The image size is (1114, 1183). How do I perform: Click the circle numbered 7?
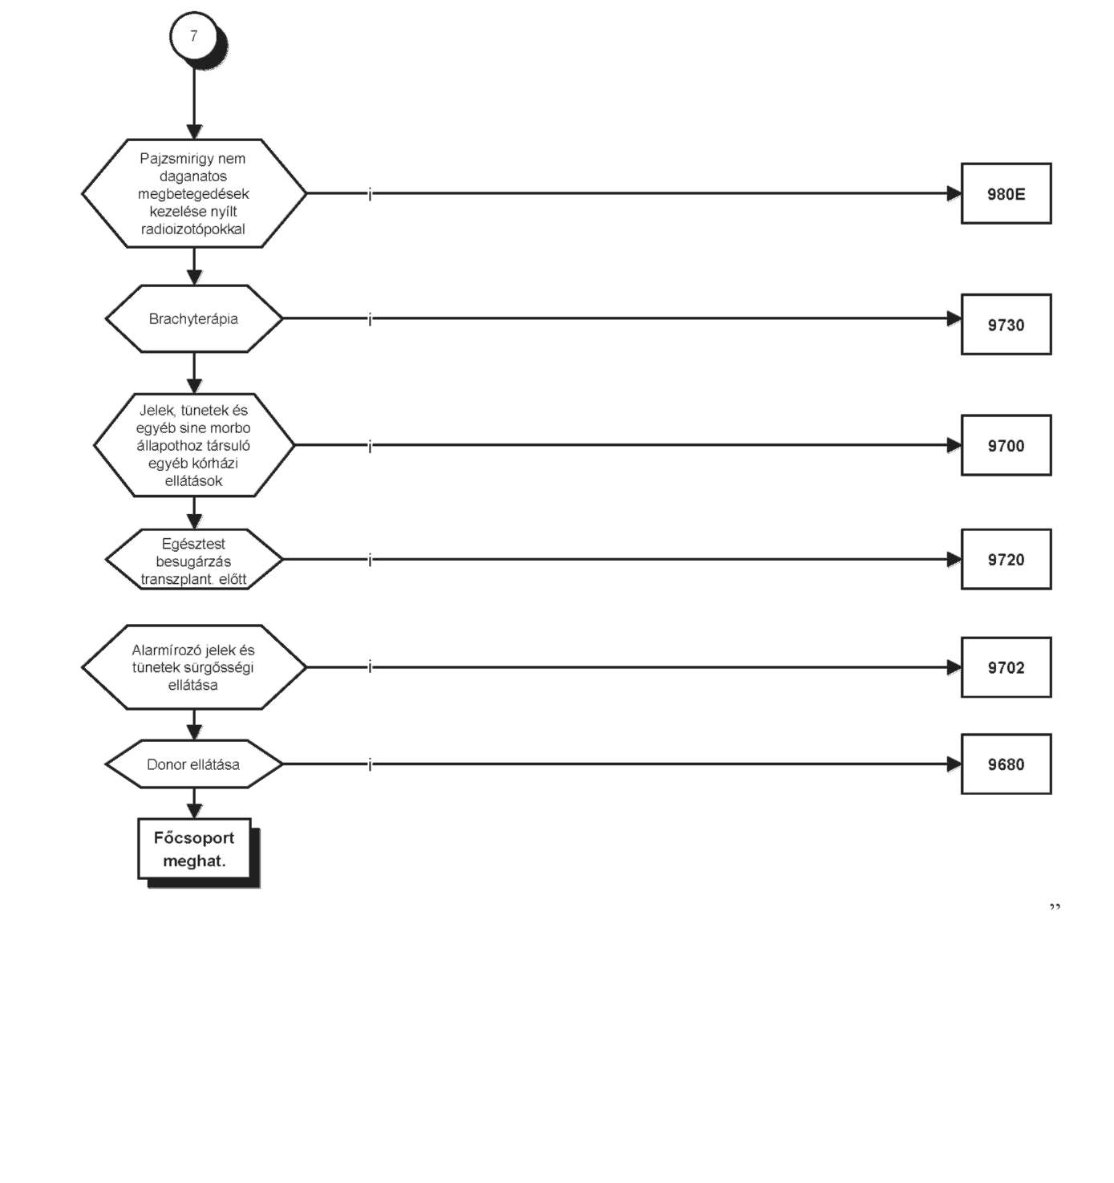click(x=193, y=36)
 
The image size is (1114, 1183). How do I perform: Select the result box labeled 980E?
click(x=1007, y=193)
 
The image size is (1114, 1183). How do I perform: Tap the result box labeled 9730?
click(x=1007, y=325)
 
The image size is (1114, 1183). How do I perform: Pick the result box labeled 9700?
click(x=1007, y=446)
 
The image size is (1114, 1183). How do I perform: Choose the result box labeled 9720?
click(x=1007, y=559)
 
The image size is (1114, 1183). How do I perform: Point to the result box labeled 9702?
click(x=1007, y=667)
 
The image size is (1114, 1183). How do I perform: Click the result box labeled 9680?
click(x=1007, y=764)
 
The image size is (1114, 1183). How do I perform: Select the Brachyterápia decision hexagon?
click(x=193, y=318)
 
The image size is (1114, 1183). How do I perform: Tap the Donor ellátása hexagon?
click(x=193, y=764)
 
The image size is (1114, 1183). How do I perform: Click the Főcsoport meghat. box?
click(x=194, y=849)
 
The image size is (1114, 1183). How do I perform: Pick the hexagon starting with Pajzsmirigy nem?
click(x=193, y=193)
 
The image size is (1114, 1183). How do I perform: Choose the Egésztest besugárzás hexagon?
click(x=193, y=559)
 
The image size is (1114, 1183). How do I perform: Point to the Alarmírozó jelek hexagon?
click(x=193, y=667)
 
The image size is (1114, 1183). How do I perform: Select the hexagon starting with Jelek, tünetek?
click(x=193, y=445)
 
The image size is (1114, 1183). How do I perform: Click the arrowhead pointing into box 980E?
click(x=954, y=193)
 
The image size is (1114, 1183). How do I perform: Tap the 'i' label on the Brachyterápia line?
click(x=370, y=320)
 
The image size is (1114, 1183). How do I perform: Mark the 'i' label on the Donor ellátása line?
click(x=370, y=765)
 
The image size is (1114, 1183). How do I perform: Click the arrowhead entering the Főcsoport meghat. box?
click(x=194, y=811)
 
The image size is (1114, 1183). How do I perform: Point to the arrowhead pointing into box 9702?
click(x=954, y=667)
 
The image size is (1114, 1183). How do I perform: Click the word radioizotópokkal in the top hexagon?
click(x=193, y=229)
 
